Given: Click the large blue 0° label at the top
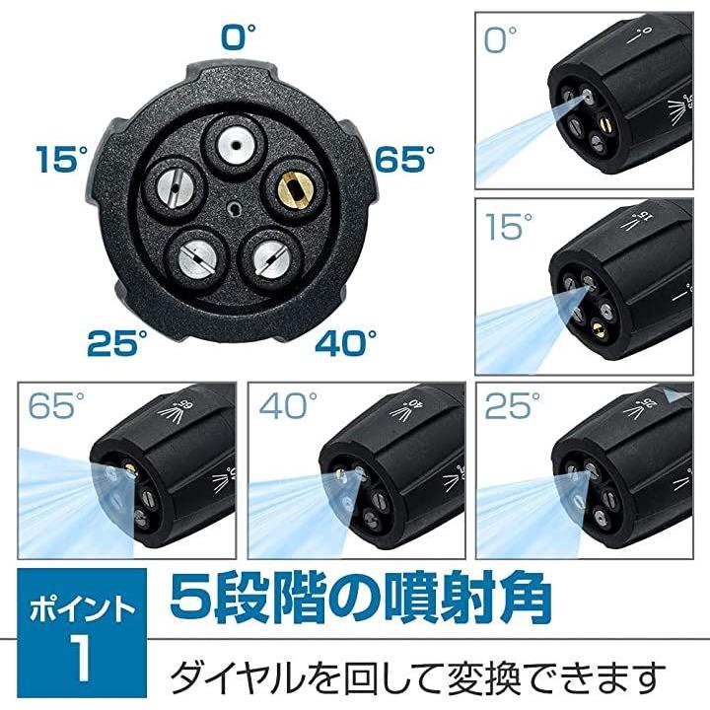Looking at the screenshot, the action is click(239, 36).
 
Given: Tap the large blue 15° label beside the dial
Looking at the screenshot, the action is click(62, 159).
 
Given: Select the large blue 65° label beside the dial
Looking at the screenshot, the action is click(404, 159).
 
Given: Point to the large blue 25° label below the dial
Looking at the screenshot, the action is click(117, 343).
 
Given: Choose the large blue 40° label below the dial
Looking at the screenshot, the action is click(346, 343).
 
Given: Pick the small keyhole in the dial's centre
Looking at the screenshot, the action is click(235, 209).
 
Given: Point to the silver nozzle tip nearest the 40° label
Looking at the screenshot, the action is click(272, 260).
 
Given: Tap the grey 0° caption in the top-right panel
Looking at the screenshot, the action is click(500, 39).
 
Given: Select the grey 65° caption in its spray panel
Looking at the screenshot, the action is click(56, 405).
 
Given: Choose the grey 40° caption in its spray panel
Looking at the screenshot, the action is click(288, 405).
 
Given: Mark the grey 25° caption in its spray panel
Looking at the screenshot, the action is click(513, 405).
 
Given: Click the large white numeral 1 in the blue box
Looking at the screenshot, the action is click(82, 657).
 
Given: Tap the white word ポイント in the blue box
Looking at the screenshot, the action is click(82, 609).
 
